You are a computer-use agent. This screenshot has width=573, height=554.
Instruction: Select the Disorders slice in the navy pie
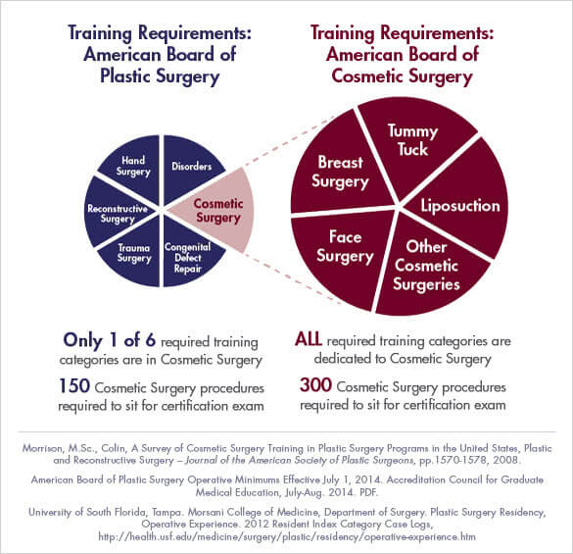point(192,166)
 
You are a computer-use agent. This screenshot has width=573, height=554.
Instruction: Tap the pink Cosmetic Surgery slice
point(217,209)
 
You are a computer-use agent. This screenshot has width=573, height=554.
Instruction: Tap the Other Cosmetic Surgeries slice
point(427,265)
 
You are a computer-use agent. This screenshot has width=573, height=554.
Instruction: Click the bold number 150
point(76,385)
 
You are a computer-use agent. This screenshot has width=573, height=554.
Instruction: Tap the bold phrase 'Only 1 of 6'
point(111,341)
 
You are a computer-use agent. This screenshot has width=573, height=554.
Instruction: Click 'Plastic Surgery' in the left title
point(159,76)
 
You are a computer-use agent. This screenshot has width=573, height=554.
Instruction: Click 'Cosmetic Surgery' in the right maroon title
point(401,76)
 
